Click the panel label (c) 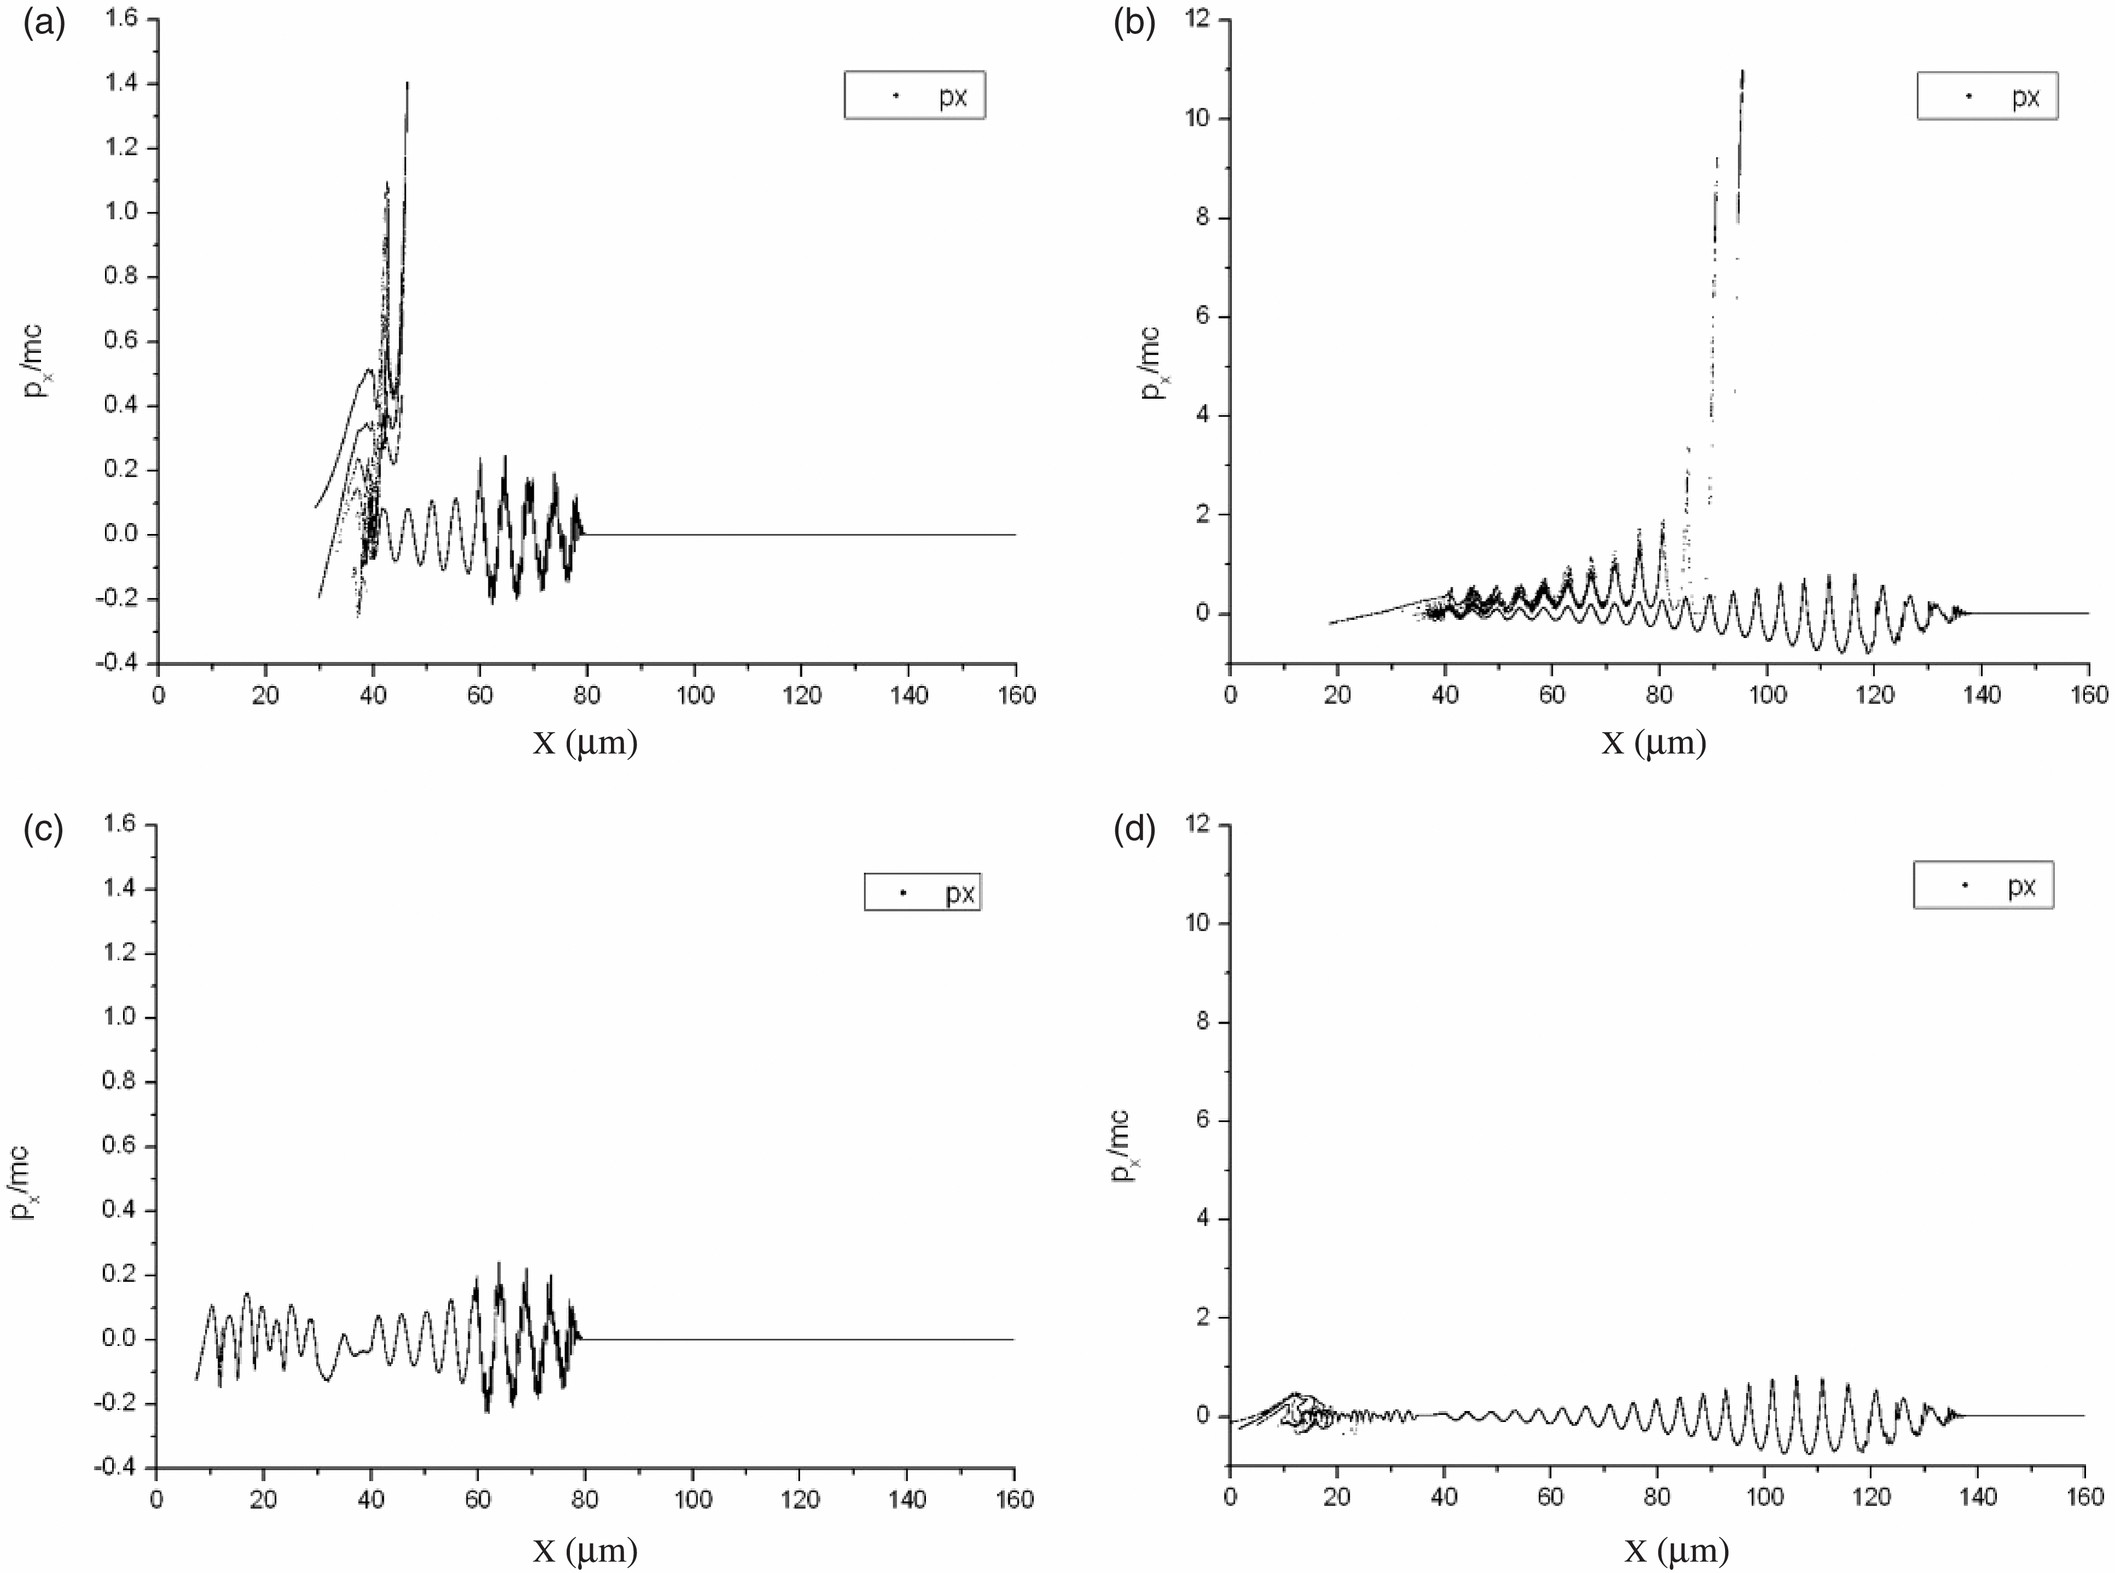(x=44, y=829)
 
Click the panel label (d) (x=1134, y=829)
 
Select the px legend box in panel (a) (x=914, y=95)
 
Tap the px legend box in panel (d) (x=1983, y=885)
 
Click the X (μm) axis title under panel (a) (x=585, y=742)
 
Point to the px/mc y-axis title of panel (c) (x=27, y=1183)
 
